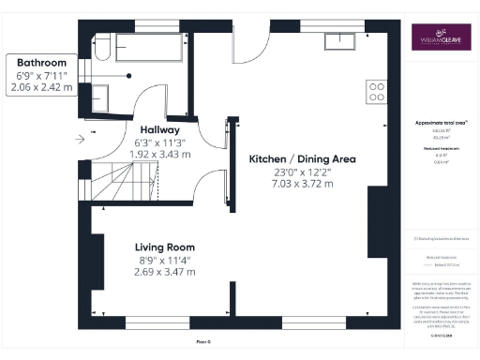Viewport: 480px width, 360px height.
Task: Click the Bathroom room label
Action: [36, 62]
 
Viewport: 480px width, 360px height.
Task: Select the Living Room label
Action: [164, 247]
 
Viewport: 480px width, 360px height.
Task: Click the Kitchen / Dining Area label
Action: [302, 159]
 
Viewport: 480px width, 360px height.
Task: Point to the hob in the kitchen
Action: [378, 92]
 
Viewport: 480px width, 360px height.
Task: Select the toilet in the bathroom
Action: [103, 47]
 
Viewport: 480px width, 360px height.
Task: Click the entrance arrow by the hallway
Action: [81, 141]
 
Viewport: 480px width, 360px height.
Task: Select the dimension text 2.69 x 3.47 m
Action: [164, 272]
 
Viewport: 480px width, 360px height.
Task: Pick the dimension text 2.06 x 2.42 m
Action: [36, 87]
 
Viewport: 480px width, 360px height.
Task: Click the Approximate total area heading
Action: [442, 123]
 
